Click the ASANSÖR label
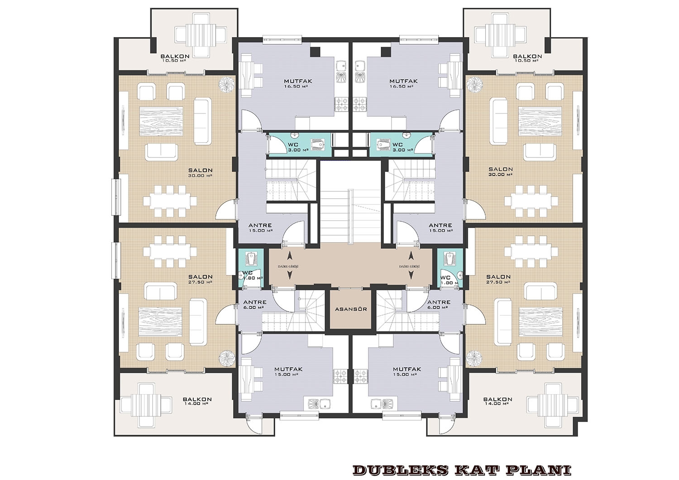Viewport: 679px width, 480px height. pyautogui.click(x=351, y=309)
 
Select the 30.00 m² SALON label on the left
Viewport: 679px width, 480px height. pyautogui.click(x=201, y=172)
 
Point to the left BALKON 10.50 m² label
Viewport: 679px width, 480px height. pyautogui.click(x=175, y=58)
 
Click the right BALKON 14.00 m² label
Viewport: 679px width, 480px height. pyautogui.click(x=498, y=401)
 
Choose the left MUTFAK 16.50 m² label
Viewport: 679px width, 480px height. pyautogui.click(x=298, y=83)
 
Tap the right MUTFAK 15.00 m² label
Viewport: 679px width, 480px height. pyautogui.click(x=407, y=371)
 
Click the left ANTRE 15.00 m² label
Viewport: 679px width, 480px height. pyautogui.click(x=260, y=228)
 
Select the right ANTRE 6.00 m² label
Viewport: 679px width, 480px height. pyautogui.click(x=439, y=304)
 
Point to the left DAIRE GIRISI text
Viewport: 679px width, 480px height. pyautogui.click(x=288, y=266)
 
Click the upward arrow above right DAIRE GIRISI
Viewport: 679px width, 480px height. pyautogui.click(x=411, y=256)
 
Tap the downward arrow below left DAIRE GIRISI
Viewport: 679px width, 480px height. pyautogui.click(x=290, y=275)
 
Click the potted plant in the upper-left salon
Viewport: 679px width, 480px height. pyautogui.click(x=227, y=83)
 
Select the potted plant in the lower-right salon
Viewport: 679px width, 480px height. pyautogui.click(x=474, y=357)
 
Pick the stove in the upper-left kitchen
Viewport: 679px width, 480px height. pyautogui.click(x=342, y=105)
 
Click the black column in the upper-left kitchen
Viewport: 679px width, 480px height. pyautogui.click(x=315, y=52)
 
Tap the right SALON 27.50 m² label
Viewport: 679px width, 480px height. pyautogui.click(x=498, y=279)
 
